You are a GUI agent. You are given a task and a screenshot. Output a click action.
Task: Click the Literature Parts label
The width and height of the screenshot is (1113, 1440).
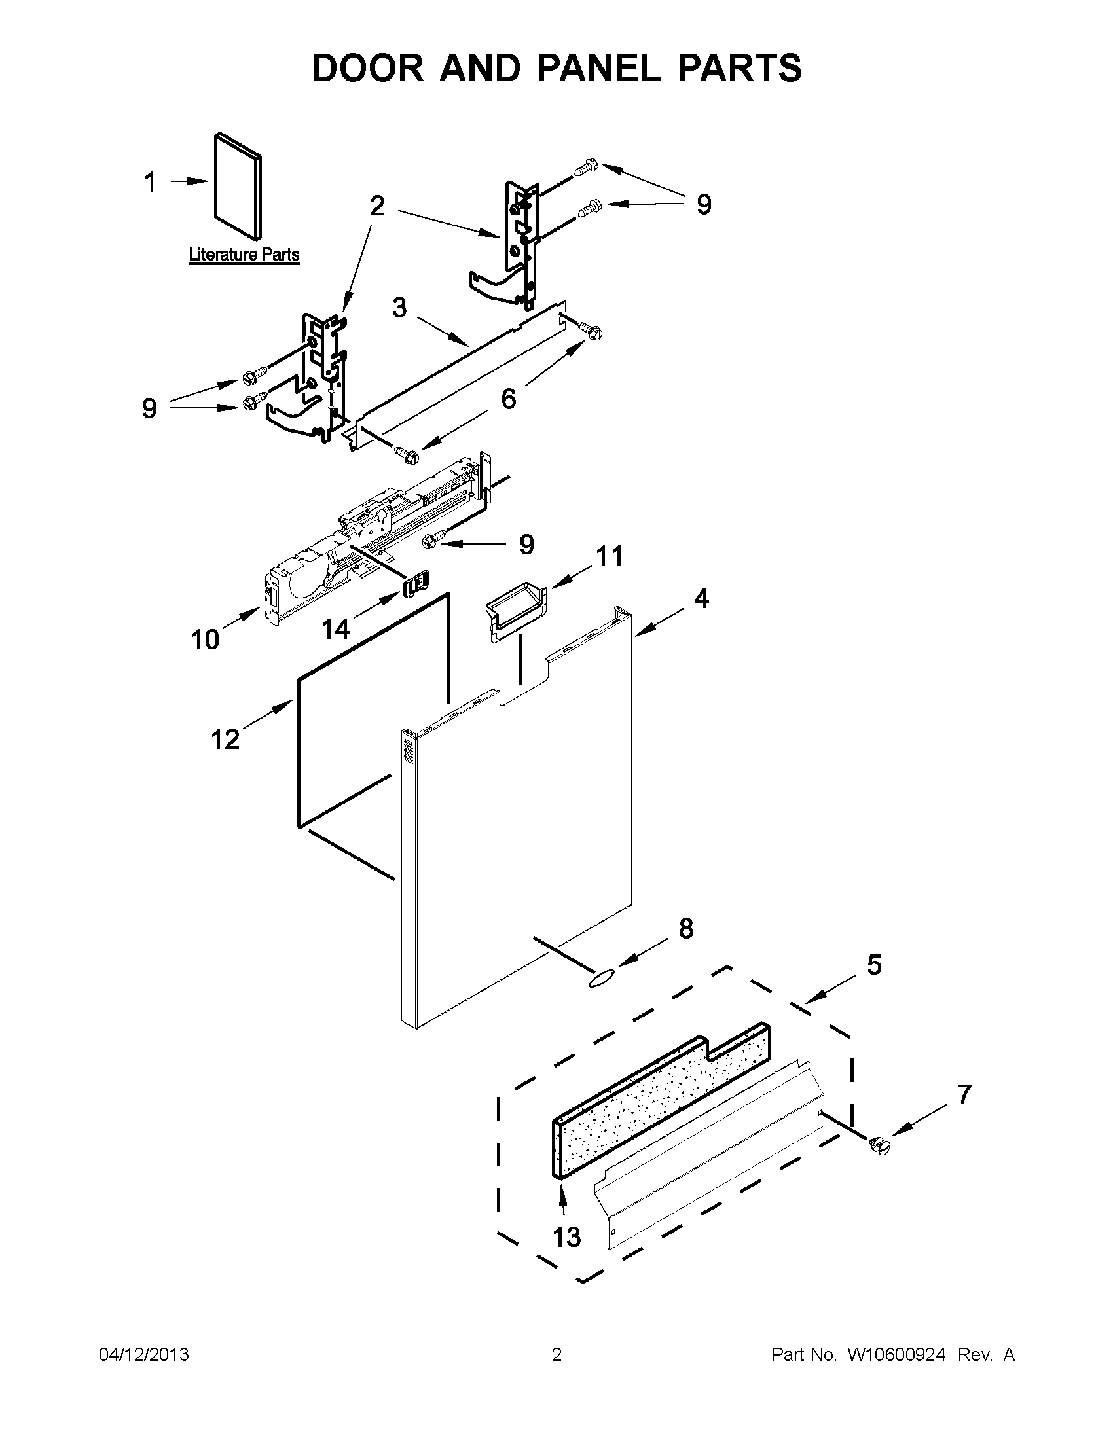244,255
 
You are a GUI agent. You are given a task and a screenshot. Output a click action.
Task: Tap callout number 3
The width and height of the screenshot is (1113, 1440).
399,308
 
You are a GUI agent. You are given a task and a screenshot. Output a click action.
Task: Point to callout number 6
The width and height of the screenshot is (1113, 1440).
508,399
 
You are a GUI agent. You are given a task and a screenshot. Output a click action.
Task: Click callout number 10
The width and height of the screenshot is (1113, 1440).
204,639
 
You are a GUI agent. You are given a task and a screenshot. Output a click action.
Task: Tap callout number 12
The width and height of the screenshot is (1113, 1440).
225,740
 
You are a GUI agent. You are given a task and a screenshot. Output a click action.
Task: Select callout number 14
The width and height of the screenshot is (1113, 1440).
335,629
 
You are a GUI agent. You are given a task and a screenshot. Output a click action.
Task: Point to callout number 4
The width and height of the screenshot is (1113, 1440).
701,598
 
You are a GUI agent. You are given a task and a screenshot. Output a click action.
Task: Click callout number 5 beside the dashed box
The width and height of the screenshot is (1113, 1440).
873,965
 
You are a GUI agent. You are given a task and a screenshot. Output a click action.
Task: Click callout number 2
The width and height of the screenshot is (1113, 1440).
377,206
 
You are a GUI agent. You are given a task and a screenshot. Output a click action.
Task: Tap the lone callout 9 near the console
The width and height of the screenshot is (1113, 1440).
526,545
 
